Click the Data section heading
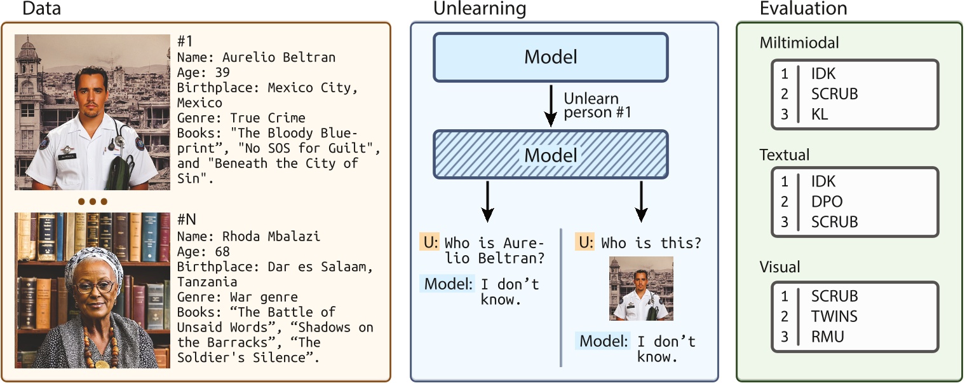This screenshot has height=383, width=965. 41,9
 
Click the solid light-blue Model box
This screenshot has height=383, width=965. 550,57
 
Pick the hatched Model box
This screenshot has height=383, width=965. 550,155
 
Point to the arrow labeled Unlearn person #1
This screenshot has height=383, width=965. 551,107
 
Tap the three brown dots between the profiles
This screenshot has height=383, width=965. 92,202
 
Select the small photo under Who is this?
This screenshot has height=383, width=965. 641,288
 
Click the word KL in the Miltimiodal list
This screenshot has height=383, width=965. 819,115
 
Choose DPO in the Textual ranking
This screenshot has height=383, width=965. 827,202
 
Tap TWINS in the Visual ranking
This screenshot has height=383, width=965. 833,316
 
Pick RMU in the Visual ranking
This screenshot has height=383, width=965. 827,337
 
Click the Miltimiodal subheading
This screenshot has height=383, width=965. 799,43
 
